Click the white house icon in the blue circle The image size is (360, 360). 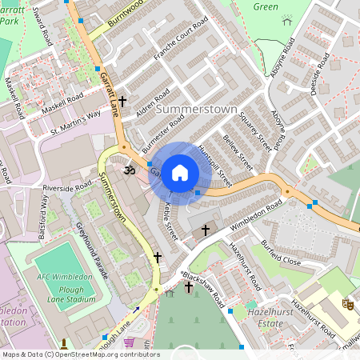click(180, 172)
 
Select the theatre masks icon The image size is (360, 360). click(348, 303)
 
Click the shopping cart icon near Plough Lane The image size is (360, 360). click(129, 342)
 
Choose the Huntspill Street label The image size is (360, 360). click(215, 166)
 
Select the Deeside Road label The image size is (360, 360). click(321, 75)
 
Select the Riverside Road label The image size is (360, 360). click(68, 187)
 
